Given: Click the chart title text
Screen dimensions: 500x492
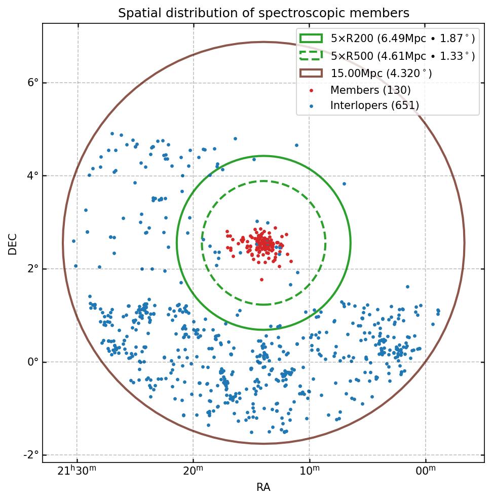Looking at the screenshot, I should [x=263, y=13].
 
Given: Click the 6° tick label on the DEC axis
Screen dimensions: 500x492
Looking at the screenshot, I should [x=33, y=83].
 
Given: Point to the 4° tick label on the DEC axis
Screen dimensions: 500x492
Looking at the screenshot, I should [x=33, y=176].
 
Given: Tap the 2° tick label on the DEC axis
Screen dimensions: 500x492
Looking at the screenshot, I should [x=33, y=269].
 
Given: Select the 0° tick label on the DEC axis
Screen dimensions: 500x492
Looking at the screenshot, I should [x=33, y=362].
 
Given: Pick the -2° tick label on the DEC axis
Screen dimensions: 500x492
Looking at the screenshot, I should [x=31, y=455].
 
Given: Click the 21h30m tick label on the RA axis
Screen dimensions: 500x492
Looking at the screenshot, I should [x=77, y=471].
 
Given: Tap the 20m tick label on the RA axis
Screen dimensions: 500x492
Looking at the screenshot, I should [x=193, y=471].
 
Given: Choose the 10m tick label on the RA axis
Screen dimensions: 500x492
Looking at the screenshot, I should [x=309, y=471].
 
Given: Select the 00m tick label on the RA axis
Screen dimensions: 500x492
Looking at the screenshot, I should [x=425, y=471].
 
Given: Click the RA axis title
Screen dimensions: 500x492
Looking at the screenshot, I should [x=263, y=487].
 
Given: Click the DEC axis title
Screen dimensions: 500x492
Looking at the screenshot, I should [x=13, y=243].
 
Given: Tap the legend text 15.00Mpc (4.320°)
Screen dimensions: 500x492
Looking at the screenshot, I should [x=381, y=74].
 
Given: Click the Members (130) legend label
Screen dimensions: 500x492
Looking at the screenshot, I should [x=370, y=90].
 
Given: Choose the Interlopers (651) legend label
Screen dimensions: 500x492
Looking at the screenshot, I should [x=374, y=105].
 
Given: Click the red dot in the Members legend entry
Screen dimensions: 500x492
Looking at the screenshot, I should [x=311, y=91].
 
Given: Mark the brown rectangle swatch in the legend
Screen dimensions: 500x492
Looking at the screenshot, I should [x=311, y=73].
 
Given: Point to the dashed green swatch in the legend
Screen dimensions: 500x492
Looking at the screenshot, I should [x=311, y=56].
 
